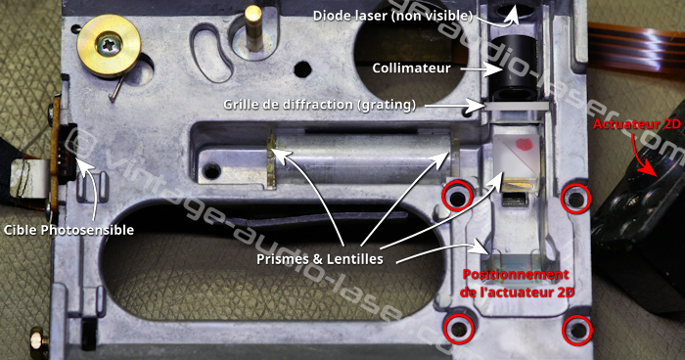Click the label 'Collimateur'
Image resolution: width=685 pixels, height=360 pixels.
click(411, 68)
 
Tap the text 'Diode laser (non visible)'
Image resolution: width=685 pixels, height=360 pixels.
click(393, 17)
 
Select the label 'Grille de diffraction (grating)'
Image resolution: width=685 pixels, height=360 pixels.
click(319, 105)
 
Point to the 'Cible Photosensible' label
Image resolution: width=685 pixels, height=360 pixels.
click(68, 230)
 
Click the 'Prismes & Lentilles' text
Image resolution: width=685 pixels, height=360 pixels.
click(320, 259)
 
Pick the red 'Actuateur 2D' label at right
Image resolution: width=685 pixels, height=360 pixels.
click(636, 124)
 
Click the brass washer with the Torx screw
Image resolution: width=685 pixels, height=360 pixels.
click(109, 46)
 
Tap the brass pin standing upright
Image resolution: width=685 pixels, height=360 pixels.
click(252, 27)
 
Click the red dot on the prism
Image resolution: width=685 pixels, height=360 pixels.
click(524, 144)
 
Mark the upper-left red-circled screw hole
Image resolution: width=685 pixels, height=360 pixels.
click(457, 197)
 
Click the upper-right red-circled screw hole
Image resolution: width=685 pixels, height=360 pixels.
click(575, 199)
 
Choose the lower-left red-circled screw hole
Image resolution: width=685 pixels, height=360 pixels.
click(459, 328)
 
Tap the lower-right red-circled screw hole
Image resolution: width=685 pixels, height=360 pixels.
click(577, 330)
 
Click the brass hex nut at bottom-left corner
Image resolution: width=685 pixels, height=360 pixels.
click(39, 339)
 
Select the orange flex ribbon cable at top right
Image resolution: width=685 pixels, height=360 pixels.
click(636, 48)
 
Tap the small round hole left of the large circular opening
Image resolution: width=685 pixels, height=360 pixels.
click(302, 69)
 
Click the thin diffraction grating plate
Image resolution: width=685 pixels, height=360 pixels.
click(516, 107)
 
